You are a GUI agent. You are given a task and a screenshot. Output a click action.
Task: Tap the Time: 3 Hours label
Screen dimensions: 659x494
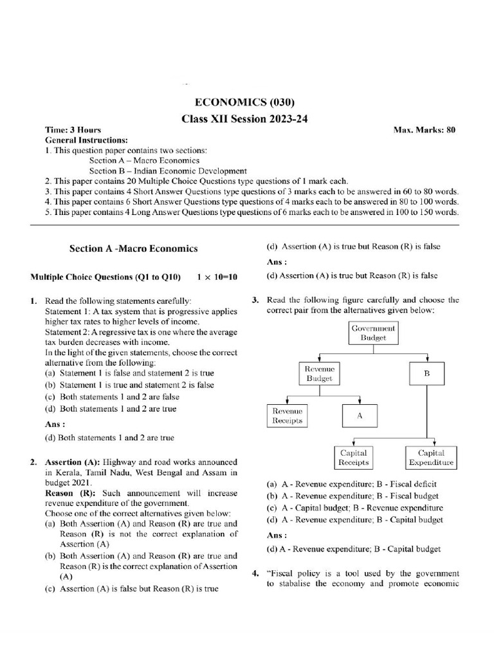point(73,130)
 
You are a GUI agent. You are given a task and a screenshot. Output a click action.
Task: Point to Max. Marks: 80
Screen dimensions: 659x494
point(424,130)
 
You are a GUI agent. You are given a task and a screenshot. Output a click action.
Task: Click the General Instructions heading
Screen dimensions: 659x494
point(86,140)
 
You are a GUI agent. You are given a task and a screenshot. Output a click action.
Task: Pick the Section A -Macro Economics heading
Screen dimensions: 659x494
point(133,248)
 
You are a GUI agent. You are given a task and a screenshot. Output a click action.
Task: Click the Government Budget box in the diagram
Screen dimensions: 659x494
point(373,333)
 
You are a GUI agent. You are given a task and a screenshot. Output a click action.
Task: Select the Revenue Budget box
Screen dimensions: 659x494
point(320,373)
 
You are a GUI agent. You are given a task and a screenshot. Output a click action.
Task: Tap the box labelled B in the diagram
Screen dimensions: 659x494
point(426,373)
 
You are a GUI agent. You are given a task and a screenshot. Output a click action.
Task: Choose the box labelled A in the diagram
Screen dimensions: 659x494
point(360,416)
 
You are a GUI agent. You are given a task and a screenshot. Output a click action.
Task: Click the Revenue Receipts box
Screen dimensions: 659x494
point(287,416)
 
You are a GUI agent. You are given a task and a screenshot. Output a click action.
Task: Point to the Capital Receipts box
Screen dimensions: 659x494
point(353,458)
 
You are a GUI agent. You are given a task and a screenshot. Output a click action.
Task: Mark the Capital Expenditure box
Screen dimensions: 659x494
point(430,458)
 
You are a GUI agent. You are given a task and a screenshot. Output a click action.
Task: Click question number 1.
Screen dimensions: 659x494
point(33,301)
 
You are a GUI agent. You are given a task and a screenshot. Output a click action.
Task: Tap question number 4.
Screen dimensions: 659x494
point(255,573)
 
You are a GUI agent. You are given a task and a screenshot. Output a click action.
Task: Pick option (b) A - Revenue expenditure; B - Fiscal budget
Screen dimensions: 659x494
point(352,496)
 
